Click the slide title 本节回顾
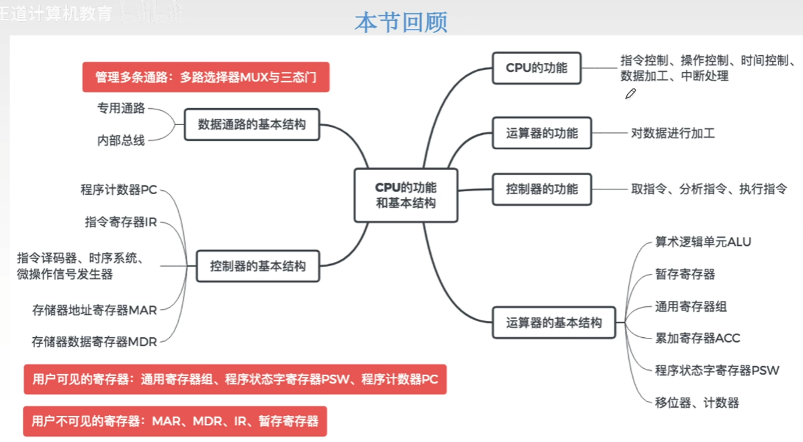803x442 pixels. (x=401, y=22)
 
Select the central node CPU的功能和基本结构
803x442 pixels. (x=406, y=195)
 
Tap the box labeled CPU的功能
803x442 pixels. (x=536, y=68)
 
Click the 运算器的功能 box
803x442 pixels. (x=542, y=133)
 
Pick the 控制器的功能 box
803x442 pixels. (x=542, y=189)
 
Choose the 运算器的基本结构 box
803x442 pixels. (x=554, y=322)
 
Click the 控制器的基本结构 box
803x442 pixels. (x=257, y=266)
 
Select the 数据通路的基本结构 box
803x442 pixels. (x=252, y=124)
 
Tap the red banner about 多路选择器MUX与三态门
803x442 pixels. (x=206, y=77)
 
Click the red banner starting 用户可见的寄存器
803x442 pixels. (x=235, y=380)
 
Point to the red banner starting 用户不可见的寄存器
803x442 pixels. (x=175, y=422)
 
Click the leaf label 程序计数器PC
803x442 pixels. (x=119, y=190)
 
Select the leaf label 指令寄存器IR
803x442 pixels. (x=121, y=222)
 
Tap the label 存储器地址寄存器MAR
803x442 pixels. (x=95, y=310)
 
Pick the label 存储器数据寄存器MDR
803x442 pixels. (x=94, y=342)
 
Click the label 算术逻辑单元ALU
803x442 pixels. (x=703, y=242)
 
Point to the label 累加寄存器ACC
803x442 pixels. (x=698, y=338)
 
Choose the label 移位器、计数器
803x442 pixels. (x=697, y=403)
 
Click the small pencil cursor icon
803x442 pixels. (x=630, y=94)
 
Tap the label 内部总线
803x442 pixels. (x=121, y=141)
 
